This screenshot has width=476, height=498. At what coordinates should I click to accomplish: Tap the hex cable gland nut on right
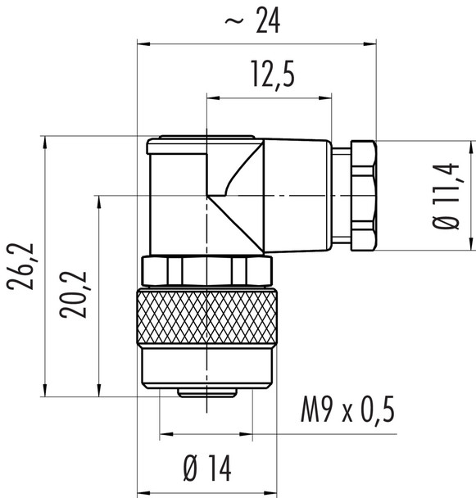[x=361, y=194]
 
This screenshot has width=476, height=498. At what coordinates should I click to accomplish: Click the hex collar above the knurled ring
[x=206, y=269]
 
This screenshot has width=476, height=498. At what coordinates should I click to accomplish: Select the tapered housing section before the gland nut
[x=298, y=194]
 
